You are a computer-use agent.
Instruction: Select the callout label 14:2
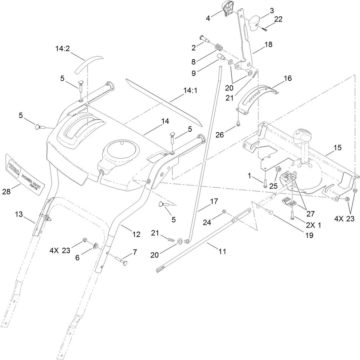tap(63, 49)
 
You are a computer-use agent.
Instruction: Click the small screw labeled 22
tap(263, 29)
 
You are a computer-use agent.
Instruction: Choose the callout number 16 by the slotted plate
tap(287, 78)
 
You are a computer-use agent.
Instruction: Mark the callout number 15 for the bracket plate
tap(337, 148)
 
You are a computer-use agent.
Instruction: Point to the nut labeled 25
tap(279, 170)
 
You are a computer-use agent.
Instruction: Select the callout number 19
tap(309, 236)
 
